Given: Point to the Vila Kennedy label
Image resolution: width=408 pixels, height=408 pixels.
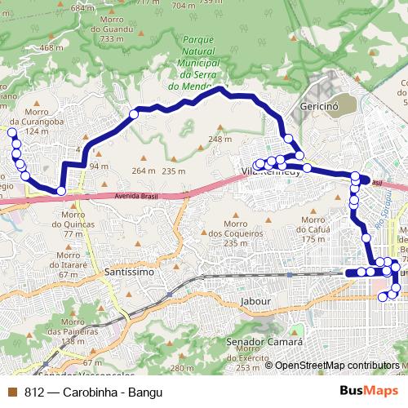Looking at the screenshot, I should coord(271,171).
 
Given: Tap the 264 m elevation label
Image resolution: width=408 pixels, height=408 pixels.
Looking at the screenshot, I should coord(143,171).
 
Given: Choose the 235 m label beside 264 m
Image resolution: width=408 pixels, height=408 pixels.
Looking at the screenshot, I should coord(174,171).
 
